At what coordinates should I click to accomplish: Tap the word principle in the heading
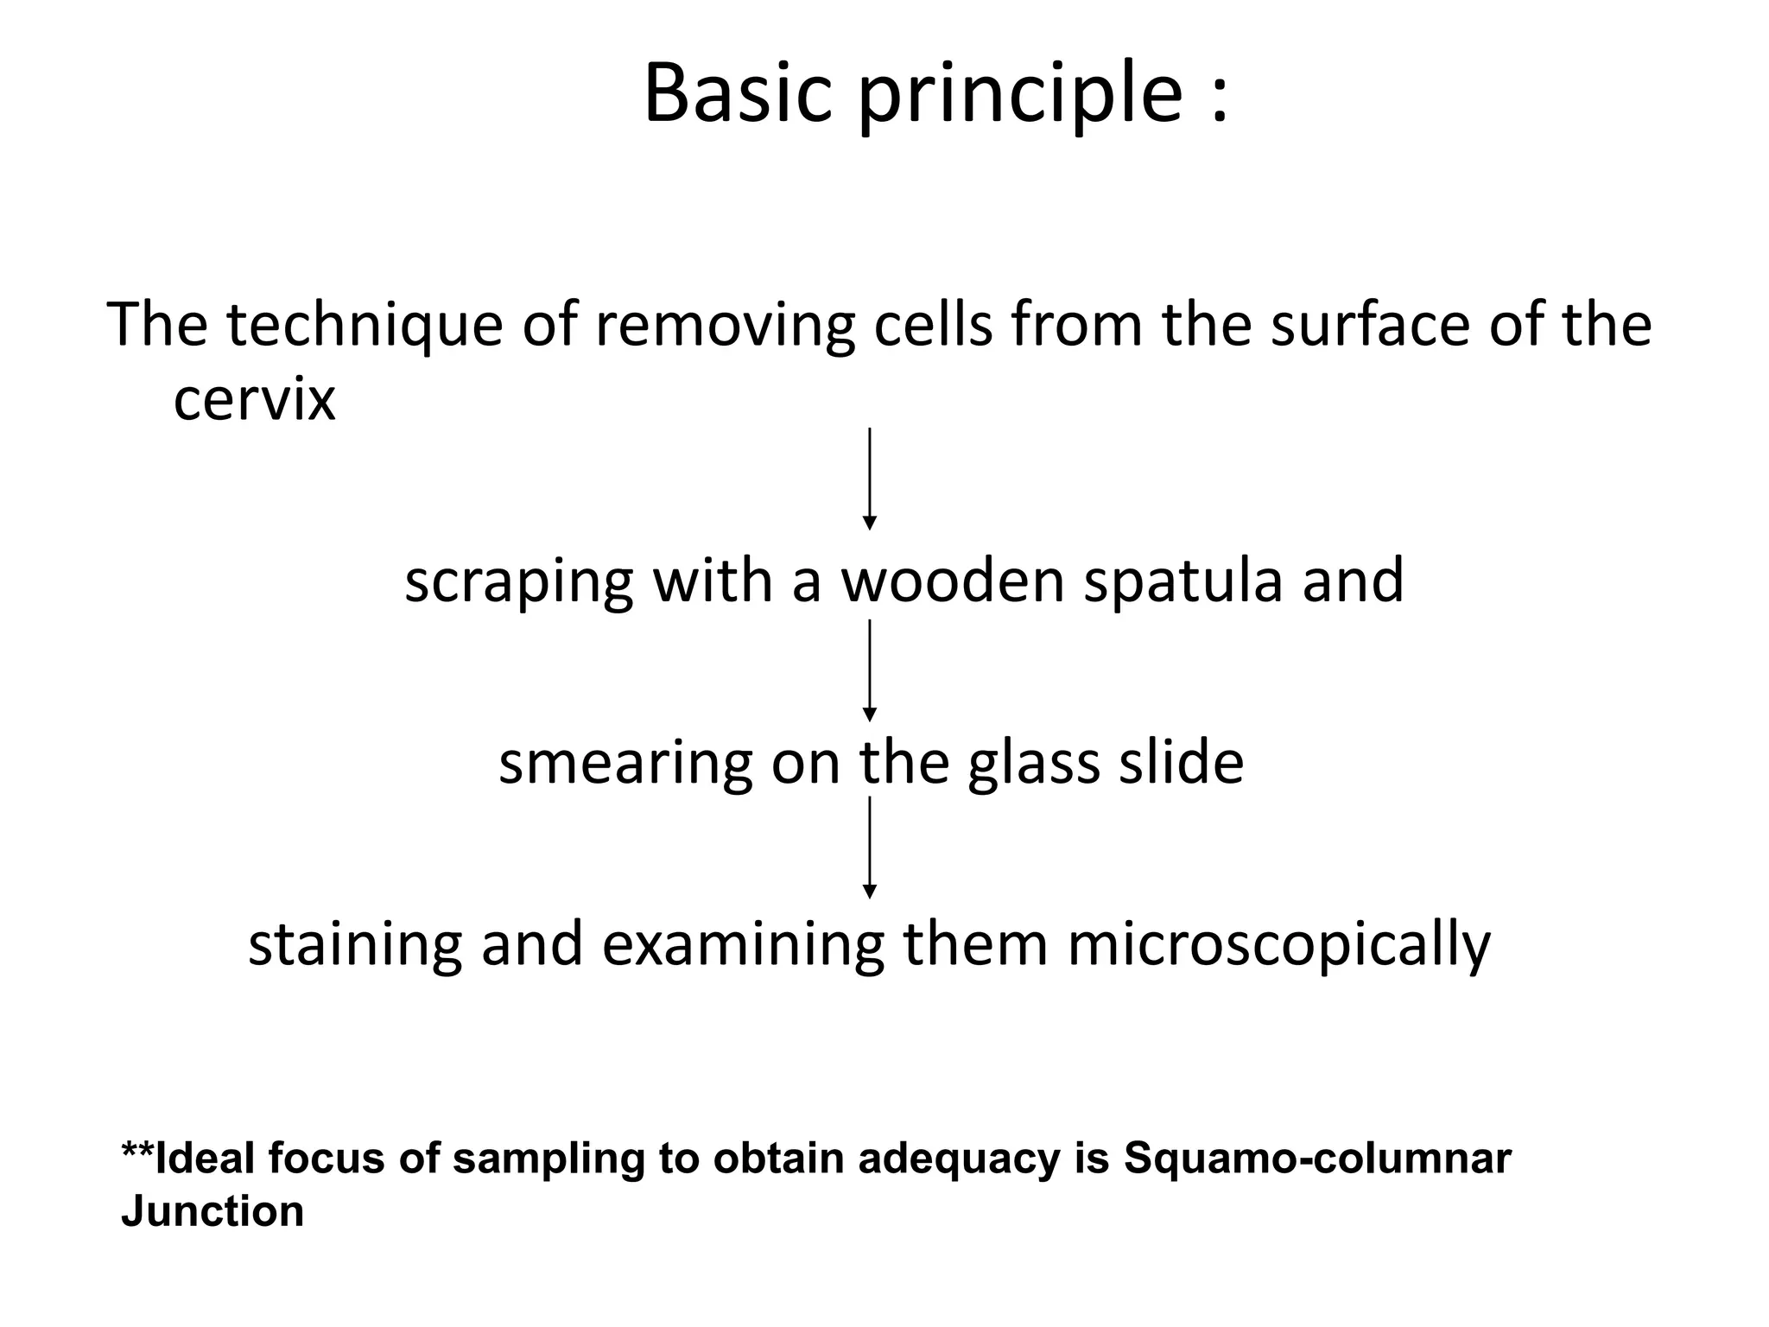click(1019, 97)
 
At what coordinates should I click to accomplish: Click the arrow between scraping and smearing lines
click(870, 670)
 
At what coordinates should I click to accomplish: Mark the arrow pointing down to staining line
click(870, 848)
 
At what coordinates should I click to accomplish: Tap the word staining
click(355, 945)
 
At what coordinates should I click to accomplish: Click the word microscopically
click(1278, 945)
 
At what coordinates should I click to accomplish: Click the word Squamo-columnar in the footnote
click(1317, 1159)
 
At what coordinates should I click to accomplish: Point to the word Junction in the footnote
click(212, 1211)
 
